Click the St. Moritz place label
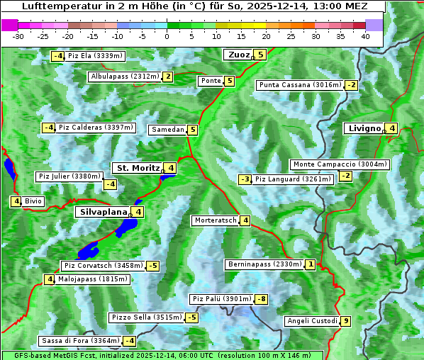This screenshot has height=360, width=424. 138,168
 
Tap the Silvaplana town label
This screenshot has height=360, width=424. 104,211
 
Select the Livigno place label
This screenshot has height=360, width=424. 364,128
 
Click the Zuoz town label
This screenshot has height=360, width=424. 237,55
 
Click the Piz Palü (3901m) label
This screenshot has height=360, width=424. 221,299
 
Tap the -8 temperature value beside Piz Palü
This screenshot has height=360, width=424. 262,299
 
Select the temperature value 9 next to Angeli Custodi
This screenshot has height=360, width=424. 346,321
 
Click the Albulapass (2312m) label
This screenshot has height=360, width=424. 125,77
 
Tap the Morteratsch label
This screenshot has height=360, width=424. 216,220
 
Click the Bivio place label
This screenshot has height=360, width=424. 33,201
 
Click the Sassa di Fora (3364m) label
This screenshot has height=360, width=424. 78,341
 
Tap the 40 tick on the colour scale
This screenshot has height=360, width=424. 365,35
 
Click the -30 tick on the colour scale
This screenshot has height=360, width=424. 18,35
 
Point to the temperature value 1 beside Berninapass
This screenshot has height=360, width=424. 311,264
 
